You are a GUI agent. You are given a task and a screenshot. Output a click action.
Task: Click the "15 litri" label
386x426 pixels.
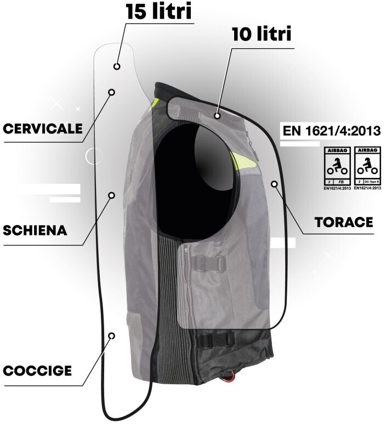(x=159, y=12)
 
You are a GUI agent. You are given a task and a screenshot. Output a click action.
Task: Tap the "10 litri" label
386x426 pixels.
(x=260, y=35)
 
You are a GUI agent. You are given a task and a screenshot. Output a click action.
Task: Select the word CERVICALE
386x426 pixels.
(x=43, y=129)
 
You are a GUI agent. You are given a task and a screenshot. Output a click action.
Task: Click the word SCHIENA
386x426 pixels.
(x=35, y=230)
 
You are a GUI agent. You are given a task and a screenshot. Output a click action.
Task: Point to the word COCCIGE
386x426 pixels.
(x=37, y=371)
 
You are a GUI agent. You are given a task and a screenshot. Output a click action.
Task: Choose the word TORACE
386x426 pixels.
(x=344, y=222)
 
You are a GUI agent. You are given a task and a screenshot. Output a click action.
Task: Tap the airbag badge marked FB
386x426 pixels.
(x=335, y=166)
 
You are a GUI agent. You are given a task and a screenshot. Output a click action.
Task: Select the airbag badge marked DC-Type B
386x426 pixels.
(x=367, y=166)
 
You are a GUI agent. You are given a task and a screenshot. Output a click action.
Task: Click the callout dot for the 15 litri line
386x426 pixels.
(x=117, y=66)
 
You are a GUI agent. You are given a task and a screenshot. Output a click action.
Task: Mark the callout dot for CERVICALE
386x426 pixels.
(x=111, y=92)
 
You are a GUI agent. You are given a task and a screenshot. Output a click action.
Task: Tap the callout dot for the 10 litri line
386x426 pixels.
(x=218, y=116)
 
